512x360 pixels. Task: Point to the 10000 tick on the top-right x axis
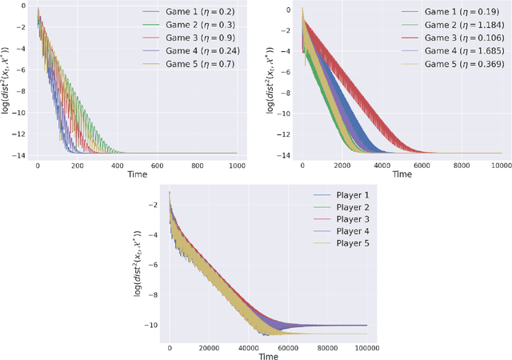[500, 165]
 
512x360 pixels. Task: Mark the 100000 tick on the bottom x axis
[366, 349]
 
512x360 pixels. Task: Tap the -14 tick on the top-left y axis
[19, 153]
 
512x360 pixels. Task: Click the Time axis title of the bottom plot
[268, 357]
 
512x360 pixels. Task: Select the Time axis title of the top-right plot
[402, 174]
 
